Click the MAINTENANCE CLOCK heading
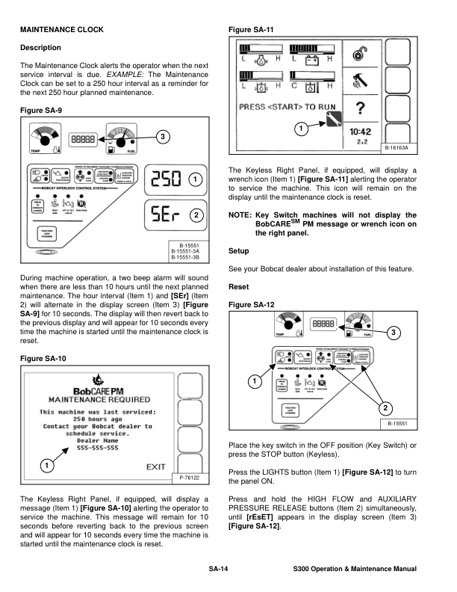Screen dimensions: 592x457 [x=61, y=30]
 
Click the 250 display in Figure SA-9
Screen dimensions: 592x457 [x=166, y=179]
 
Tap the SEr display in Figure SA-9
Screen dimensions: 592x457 [x=166, y=215]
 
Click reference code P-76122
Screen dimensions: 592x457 [x=192, y=477]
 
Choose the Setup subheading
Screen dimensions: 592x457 [x=240, y=251]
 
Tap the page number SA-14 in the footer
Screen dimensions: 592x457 [x=218, y=570]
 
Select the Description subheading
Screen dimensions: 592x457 [x=41, y=48]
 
